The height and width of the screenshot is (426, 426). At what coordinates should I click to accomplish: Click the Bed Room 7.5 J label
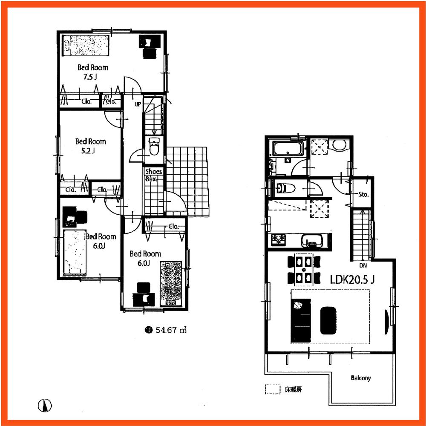[x=92, y=72]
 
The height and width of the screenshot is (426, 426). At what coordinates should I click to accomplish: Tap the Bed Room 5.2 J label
[x=90, y=146]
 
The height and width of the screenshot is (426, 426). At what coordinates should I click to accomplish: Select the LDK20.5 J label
[x=352, y=279]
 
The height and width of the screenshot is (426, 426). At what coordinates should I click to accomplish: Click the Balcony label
[x=361, y=378]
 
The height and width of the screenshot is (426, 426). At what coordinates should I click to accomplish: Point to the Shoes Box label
[x=153, y=175]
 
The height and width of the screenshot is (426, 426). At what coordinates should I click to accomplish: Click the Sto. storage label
[x=363, y=195]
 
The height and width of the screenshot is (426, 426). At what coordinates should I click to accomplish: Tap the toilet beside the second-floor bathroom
[x=285, y=187]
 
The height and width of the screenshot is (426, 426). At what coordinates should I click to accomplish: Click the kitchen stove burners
[x=277, y=240]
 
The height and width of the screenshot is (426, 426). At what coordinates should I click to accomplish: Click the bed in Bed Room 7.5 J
[x=84, y=45]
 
